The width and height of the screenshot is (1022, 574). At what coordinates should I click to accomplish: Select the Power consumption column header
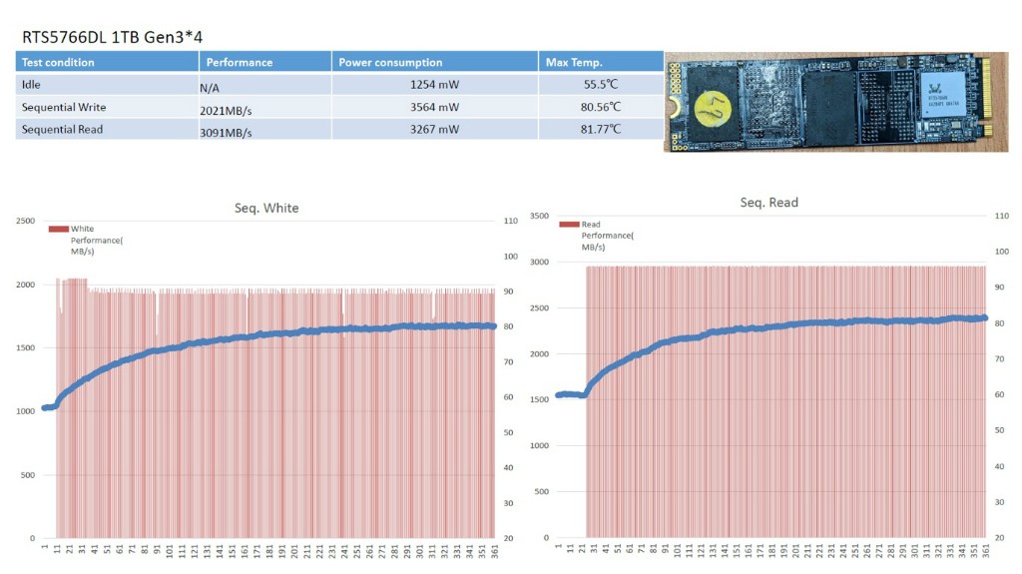(390, 62)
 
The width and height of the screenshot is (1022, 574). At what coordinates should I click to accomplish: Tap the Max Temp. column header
(574, 62)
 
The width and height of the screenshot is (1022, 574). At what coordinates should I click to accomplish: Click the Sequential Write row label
(63, 107)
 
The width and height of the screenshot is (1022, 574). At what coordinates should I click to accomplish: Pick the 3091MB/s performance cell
(226, 132)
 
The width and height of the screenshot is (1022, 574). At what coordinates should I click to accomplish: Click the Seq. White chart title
(266, 209)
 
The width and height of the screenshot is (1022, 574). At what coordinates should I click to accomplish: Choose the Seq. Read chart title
(768, 203)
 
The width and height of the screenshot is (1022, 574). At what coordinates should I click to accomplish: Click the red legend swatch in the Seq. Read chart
(569, 225)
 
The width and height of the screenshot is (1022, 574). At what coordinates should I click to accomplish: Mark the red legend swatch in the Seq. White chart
(58, 229)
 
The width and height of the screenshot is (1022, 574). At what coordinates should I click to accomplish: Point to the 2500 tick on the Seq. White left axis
(24, 220)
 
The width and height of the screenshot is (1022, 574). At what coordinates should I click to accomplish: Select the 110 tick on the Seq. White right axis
(509, 220)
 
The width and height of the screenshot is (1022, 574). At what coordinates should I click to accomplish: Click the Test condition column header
(58, 62)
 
